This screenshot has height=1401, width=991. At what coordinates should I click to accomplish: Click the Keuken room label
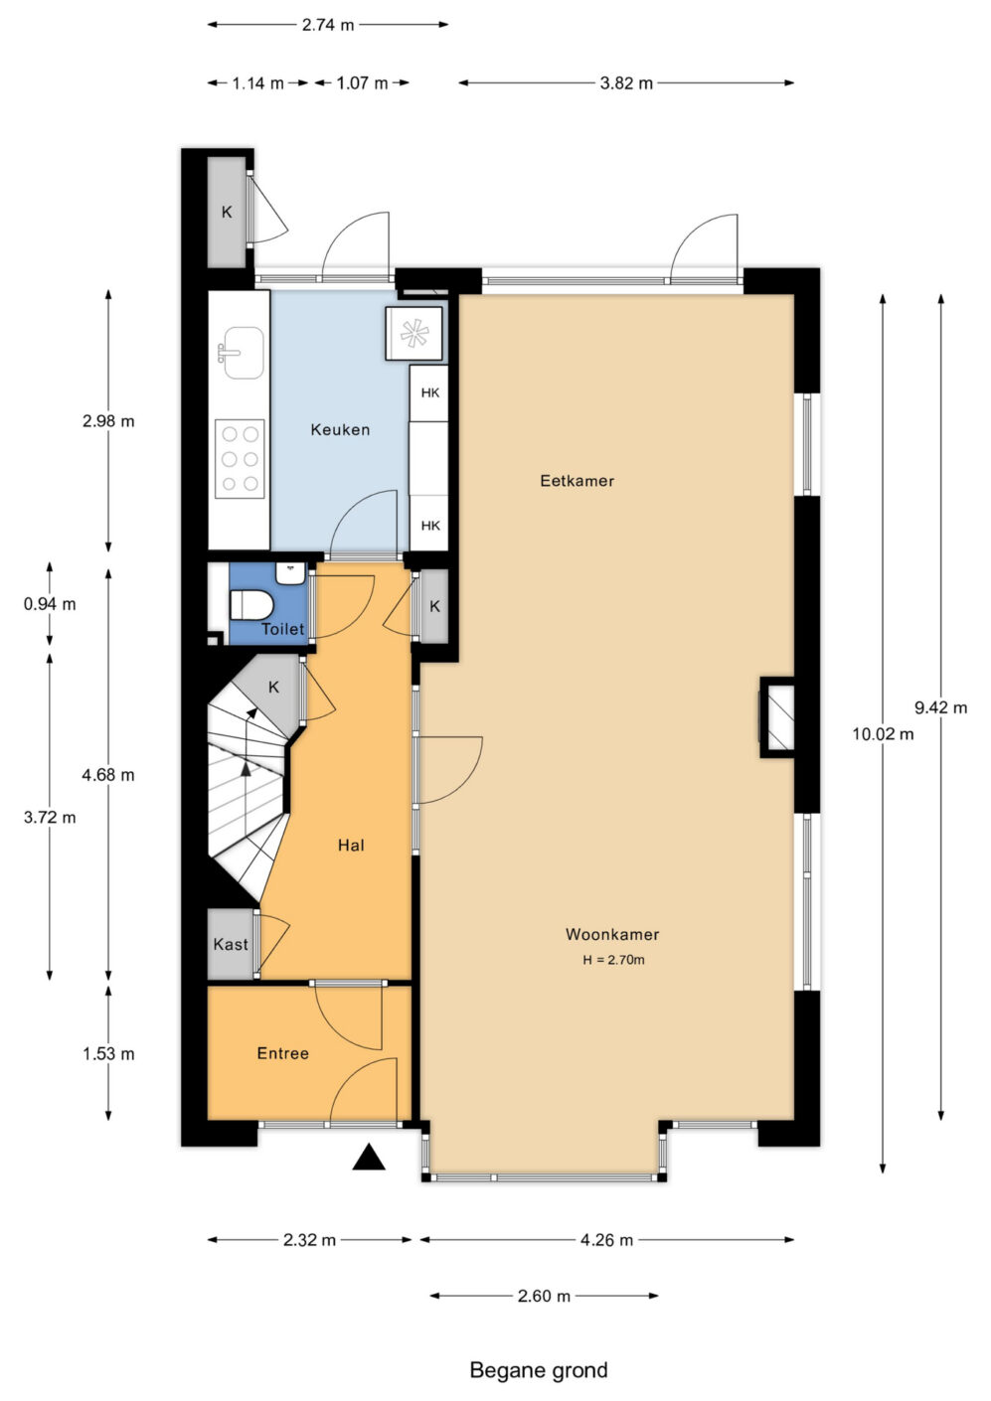(340, 429)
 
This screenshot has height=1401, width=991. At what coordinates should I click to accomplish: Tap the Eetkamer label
(577, 481)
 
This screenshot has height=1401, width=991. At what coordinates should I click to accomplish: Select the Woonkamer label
(612, 934)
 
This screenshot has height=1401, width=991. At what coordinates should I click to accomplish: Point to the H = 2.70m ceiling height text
(613, 960)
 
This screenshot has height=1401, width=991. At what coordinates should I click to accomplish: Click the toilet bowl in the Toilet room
(251, 605)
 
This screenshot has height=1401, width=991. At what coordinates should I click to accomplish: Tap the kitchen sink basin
(243, 353)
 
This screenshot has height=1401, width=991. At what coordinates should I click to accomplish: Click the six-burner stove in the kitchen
(240, 459)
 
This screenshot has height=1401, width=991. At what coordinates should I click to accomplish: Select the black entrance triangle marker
(369, 1157)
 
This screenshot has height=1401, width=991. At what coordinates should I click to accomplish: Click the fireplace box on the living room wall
(778, 717)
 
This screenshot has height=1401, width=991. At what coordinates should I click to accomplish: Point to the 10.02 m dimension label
(883, 733)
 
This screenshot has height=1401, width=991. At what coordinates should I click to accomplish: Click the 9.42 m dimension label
(940, 707)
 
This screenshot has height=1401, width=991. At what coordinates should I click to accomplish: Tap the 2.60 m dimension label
(544, 1296)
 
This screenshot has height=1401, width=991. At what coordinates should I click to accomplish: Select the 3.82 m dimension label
(626, 83)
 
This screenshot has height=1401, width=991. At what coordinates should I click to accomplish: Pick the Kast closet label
(231, 944)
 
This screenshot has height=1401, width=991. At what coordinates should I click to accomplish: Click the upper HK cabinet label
(429, 392)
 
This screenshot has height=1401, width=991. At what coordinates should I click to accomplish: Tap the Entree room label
(282, 1053)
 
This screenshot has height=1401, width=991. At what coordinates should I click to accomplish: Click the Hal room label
(351, 846)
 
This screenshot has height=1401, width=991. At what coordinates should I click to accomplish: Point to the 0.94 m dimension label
(50, 604)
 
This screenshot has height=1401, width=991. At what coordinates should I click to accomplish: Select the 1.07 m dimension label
(362, 83)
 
